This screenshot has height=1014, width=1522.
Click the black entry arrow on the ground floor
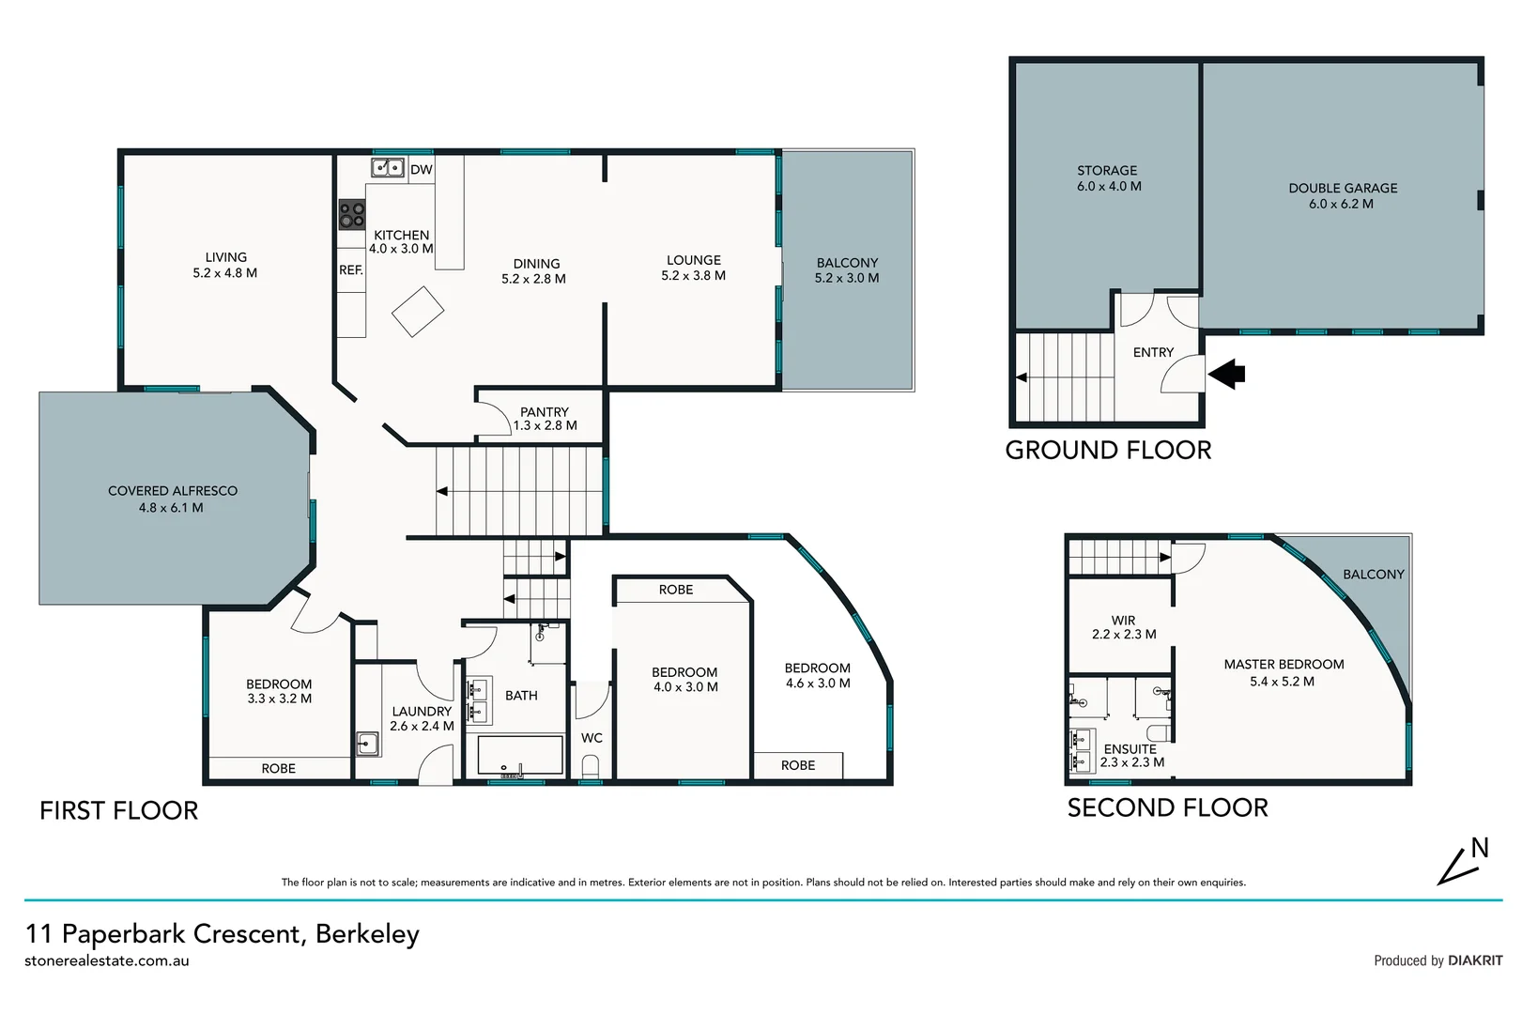pos(1226,375)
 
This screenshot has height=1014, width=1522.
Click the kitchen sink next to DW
pos(388,168)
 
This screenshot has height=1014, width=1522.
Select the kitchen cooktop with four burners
pos(352,215)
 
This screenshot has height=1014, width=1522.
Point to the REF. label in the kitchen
pos(351,270)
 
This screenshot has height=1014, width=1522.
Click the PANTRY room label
pos(545,412)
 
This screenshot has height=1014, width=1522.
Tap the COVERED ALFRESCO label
pos(173,491)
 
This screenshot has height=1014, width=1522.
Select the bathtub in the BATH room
pos(519,755)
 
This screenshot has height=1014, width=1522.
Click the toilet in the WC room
pos(591,768)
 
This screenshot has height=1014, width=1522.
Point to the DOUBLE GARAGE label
pos(1343,189)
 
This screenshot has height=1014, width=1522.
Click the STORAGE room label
pos(1107,171)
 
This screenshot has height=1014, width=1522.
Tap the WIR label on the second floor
pos(1124,621)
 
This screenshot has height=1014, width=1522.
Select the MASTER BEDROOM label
pos(1284,665)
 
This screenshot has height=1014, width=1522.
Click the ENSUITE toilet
pos(1158,731)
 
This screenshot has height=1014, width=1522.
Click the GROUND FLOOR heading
pos(1108,451)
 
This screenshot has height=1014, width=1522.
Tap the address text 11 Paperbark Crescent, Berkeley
pos(223,934)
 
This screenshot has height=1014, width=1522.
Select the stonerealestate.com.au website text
pos(107,960)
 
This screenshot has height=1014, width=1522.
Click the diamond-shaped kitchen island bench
pos(418,311)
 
